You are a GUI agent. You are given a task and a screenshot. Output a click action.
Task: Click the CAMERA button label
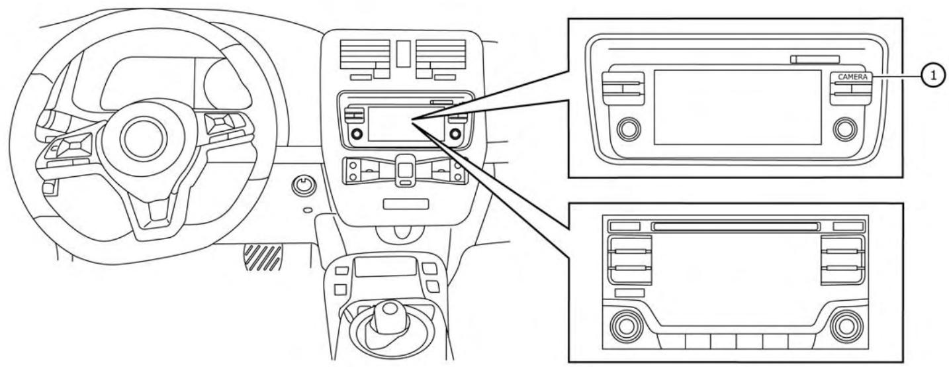click(x=853, y=78)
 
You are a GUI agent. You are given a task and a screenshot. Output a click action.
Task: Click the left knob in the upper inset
click(x=629, y=129)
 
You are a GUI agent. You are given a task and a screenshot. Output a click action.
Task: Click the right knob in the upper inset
click(x=845, y=129)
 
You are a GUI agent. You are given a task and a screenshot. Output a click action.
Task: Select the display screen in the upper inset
click(x=738, y=107)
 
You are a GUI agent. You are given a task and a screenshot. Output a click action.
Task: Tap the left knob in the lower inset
click(x=626, y=327)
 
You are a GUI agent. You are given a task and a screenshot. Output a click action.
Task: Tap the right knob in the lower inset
click(x=846, y=327)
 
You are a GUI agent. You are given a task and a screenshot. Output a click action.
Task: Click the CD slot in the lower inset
click(x=736, y=227)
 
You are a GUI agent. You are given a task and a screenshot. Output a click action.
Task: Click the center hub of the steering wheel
click(x=143, y=138)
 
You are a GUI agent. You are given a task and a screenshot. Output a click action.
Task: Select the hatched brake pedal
click(x=263, y=258)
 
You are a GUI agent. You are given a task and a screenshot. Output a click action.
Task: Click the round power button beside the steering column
click(x=304, y=186)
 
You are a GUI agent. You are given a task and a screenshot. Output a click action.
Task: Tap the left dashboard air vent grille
click(x=365, y=54)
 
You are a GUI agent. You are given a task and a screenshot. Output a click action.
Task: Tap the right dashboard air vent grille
click(x=441, y=54)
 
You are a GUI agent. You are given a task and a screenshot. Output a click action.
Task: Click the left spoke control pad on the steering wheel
click(x=75, y=145)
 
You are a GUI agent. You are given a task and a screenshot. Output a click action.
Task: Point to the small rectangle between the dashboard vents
click(x=403, y=54)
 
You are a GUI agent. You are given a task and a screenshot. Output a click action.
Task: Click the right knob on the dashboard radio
click(x=455, y=134)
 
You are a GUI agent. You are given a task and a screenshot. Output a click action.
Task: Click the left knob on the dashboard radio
click(x=357, y=134)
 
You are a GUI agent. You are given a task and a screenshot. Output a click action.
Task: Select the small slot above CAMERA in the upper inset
click(x=815, y=59)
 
